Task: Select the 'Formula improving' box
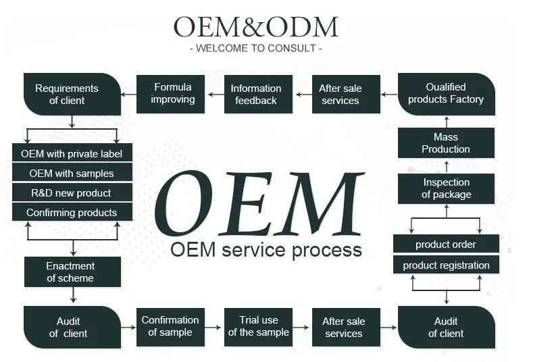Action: (x=172, y=94)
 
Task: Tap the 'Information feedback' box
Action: (x=256, y=94)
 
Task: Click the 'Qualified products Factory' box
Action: (x=446, y=94)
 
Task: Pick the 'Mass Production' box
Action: (x=446, y=143)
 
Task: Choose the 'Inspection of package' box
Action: (x=446, y=188)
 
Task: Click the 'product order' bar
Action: (x=446, y=244)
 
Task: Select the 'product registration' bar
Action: (x=446, y=265)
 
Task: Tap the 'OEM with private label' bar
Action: (x=72, y=153)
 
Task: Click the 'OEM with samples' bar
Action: (x=72, y=173)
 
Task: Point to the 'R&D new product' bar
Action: (x=72, y=192)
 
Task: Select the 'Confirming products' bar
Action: (x=72, y=212)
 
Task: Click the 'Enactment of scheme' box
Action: (x=72, y=271)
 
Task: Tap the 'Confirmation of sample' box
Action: (x=170, y=326)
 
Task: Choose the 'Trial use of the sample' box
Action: (x=258, y=326)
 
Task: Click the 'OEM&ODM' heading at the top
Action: (x=255, y=27)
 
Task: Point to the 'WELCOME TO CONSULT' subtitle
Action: (x=256, y=49)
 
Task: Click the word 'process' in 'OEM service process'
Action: (x=326, y=250)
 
